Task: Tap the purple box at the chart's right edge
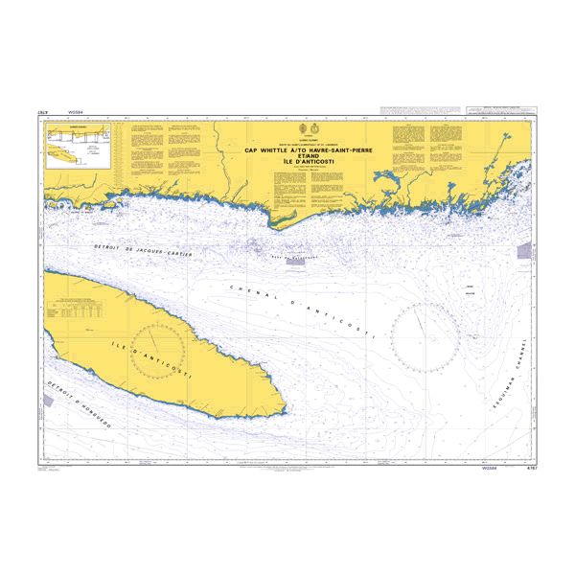click(523, 251)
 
